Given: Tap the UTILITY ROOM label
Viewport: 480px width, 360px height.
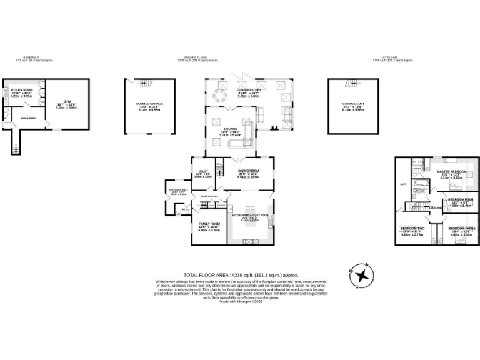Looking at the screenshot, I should click(x=22, y=91).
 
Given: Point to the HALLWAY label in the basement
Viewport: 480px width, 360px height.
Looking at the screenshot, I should click(x=29, y=118).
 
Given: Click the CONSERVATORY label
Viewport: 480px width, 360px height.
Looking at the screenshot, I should click(x=249, y=90).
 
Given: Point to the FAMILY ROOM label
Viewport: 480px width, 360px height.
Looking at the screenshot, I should click(x=209, y=224).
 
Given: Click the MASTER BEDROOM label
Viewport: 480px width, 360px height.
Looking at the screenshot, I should click(x=451, y=171).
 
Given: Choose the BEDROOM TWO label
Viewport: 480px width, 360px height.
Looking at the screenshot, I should click(x=411, y=229).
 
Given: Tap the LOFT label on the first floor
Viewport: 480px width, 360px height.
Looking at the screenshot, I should click(x=403, y=184).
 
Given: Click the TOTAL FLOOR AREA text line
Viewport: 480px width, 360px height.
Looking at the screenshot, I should click(x=241, y=275).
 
